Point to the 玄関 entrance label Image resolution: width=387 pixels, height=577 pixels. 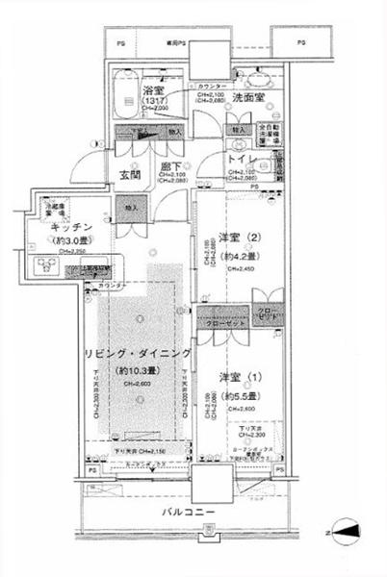pos(131,174)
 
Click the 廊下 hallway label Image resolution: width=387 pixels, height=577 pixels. pos(172,166)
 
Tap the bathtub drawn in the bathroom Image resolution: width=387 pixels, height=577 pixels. pos(122,91)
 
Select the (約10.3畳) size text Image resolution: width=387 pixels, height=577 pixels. pos(142,369)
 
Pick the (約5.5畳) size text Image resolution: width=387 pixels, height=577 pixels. pos(242,393)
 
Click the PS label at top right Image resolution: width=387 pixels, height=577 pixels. pos(301,43)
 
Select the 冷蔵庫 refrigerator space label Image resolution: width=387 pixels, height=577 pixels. pos(53,209)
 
